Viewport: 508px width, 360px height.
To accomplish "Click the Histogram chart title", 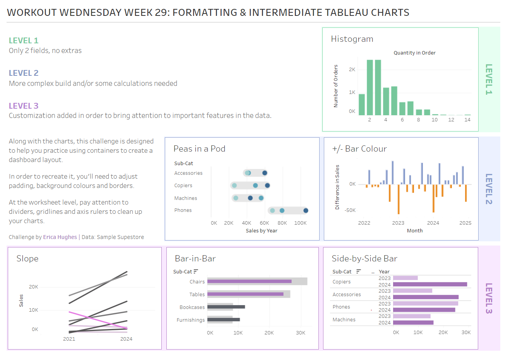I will point(352,39).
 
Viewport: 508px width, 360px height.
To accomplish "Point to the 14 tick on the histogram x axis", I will point(467,120).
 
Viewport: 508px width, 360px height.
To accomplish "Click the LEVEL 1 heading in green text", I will point(24,41).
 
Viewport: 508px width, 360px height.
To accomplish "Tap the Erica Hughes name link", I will point(60,237).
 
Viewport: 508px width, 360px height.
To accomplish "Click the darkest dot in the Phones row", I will point(306,210).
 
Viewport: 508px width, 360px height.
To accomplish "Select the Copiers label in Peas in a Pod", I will point(183,186).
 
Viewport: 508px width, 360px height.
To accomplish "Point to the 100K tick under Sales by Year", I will point(300,223).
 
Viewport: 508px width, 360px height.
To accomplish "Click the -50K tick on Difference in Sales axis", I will point(350,210).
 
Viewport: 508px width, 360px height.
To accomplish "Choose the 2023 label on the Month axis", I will point(398,223).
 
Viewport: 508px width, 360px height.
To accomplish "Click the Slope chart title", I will point(27,259).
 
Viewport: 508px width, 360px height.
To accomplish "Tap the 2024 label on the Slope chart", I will point(126,339).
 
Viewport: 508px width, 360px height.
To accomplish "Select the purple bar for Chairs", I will point(250,282).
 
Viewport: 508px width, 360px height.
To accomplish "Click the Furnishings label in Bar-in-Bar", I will point(191,320).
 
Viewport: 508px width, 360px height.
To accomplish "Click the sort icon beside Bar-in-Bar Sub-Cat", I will point(196,271).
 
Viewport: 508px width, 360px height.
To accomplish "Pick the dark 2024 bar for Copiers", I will point(430,284).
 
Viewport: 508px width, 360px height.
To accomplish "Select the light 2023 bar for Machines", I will point(412,316).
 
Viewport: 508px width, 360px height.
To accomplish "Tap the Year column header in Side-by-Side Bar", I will point(384,272).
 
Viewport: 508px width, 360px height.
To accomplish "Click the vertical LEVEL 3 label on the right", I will point(489,298).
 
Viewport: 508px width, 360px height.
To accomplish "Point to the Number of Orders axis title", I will point(336,86).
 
